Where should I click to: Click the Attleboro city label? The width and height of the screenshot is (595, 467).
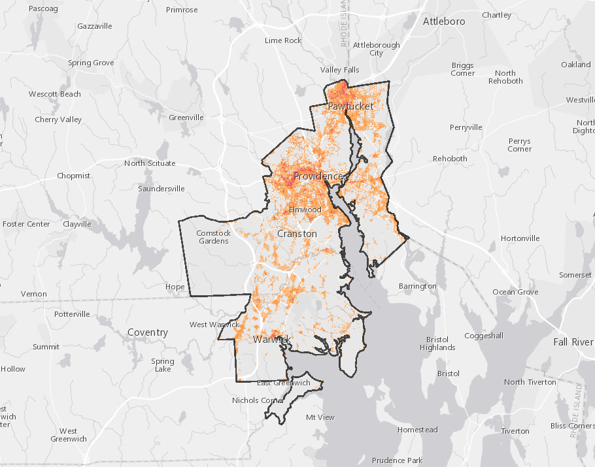point(444,22)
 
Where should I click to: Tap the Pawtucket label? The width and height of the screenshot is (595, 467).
point(350,106)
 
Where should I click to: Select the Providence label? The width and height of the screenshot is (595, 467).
point(320,176)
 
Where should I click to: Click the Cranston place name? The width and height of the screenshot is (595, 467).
point(297,233)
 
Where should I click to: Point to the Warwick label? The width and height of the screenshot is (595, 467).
point(271,340)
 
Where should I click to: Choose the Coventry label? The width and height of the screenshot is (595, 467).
point(148,332)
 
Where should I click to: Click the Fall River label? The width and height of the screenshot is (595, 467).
point(573,342)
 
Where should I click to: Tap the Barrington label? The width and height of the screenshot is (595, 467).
point(417,286)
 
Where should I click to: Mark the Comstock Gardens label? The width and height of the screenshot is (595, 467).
point(214,237)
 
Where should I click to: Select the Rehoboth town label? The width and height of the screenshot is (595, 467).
point(450,159)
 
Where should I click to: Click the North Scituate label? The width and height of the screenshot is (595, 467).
point(150,163)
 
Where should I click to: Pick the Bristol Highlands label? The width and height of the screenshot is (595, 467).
point(437,344)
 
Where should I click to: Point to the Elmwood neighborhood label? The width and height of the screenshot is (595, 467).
point(305,210)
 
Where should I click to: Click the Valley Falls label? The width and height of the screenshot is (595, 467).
point(340,70)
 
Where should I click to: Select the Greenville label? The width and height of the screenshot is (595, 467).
point(186,118)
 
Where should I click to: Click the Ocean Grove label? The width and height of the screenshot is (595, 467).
point(515,292)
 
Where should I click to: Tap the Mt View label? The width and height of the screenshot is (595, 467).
point(320,417)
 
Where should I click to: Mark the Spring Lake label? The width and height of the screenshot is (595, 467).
point(163,365)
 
